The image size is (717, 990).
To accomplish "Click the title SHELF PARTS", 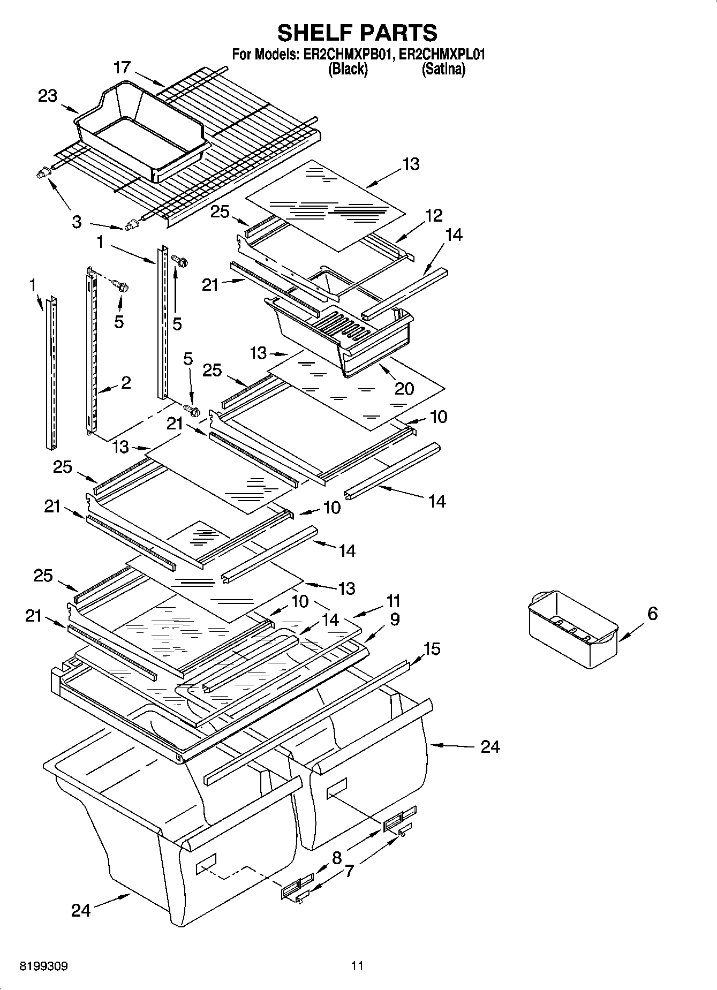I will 357,33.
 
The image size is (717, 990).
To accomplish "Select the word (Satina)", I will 443,69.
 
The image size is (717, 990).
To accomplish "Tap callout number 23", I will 47,96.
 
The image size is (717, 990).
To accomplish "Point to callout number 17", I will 122,67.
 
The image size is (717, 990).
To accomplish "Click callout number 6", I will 652,614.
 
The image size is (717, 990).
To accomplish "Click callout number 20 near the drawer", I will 404,388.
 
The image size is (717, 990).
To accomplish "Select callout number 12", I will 434,215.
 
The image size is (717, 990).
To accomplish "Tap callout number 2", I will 126,382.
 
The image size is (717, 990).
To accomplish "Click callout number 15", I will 432,648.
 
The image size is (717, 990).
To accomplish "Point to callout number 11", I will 394,601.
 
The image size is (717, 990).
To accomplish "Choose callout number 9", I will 395,619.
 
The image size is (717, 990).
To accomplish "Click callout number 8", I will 337,858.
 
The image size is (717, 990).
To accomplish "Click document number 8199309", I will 43,966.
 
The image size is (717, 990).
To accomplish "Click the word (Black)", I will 348,69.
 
